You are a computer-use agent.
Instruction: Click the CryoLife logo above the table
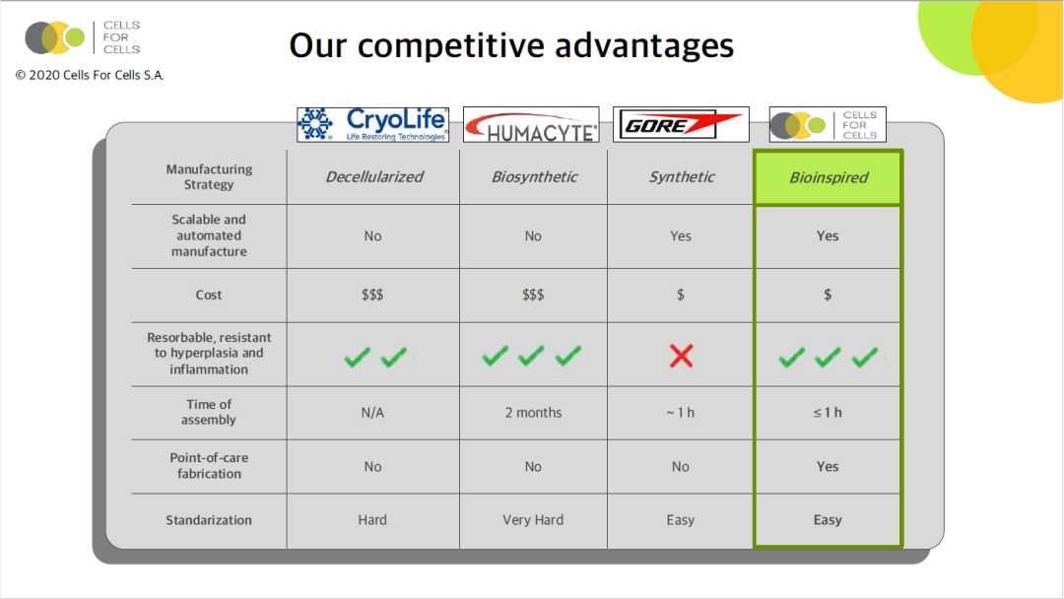click(x=372, y=124)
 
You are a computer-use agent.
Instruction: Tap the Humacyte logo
click(x=531, y=124)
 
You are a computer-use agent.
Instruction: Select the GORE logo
click(x=681, y=124)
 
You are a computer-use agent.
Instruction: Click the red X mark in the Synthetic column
click(x=682, y=356)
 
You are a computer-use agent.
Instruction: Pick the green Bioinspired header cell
click(x=828, y=177)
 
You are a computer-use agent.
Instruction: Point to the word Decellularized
click(x=374, y=177)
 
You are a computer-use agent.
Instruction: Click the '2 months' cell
click(x=533, y=413)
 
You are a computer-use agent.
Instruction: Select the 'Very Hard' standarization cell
click(x=533, y=519)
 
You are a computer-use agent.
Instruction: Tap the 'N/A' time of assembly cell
click(x=372, y=413)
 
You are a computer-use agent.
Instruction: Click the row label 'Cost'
click(x=208, y=296)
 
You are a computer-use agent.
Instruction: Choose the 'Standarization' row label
click(x=208, y=520)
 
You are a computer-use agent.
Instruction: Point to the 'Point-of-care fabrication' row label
click(x=209, y=465)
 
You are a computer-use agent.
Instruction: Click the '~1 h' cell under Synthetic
click(x=680, y=413)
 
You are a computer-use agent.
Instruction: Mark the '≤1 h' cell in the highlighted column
click(x=828, y=413)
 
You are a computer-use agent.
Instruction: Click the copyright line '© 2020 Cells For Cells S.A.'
click(x=90, y=75)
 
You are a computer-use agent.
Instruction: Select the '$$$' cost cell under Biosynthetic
click(x=533, y=296)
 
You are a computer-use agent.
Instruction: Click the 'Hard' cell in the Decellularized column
click(x=372, y=519)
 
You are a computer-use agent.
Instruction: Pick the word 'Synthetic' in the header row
click(x=682, y=177)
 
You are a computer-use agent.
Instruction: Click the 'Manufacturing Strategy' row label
click(x=209, y=176)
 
